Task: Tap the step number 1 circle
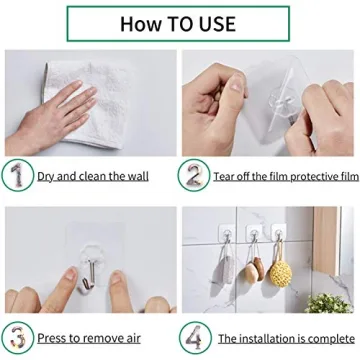tap(17, 174)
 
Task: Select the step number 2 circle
tap(193, 174)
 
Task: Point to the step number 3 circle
tap(17, 336)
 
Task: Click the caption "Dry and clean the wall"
tap(93, 176)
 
